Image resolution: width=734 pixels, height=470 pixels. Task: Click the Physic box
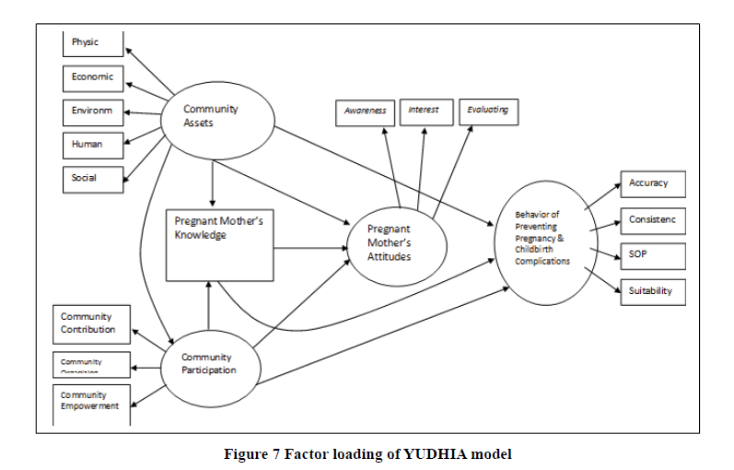(x=93, y=43)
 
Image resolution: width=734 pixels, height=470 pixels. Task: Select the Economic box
(x=93, y=77)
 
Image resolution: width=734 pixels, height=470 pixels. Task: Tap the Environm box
(x=93, y=112)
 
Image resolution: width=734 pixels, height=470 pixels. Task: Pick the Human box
(x=93, y=145)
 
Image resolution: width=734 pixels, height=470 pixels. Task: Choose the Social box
(x=93, y=178)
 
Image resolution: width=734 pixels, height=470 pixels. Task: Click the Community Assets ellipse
(x=216, y=116)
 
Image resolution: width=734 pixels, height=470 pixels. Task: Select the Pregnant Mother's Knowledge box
(x=219, y=244)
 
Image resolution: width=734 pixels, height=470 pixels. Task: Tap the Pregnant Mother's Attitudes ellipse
(x=396, y=243)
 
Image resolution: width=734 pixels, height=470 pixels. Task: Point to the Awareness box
(x=366, y=112)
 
